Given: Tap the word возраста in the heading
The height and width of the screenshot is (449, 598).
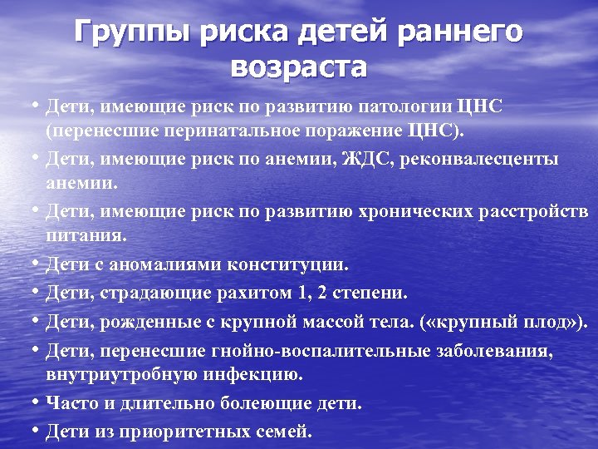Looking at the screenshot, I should tap(299, 67).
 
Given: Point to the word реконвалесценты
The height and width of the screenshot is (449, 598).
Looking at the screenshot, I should tap(491, 159).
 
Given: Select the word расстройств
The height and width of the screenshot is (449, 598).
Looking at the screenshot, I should tap(533, 211).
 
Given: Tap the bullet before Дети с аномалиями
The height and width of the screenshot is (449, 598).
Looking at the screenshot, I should tap(37, 264).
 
